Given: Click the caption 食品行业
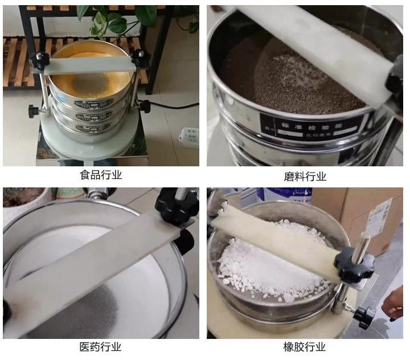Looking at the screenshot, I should [x=101, y=175].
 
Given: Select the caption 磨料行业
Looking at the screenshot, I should [x=305, y=177].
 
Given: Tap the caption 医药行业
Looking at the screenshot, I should [x=101, y=346].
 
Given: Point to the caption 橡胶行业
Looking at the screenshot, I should [x=305, y=346].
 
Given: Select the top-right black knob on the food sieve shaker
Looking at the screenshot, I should [x=140, y=57].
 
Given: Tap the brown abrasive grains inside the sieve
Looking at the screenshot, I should [x=296, y=80].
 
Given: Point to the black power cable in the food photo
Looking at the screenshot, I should [x=171, y=106].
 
